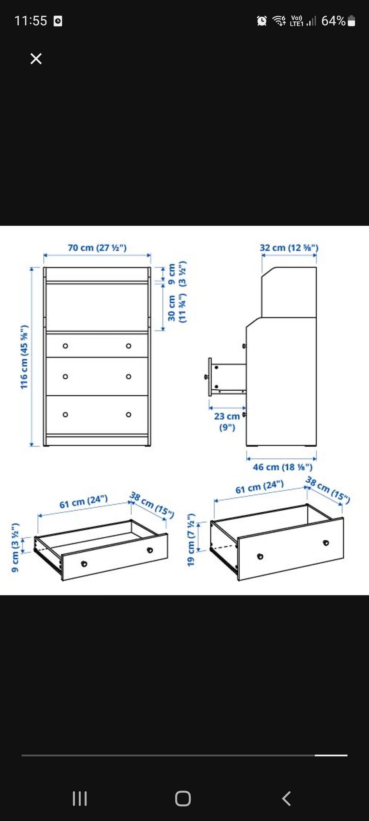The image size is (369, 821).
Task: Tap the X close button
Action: coord(36,59)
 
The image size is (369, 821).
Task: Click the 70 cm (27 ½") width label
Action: coord(97,247)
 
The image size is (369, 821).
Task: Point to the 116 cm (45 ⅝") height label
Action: coord(24,357)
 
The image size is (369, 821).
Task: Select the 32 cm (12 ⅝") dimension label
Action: coord(289,247)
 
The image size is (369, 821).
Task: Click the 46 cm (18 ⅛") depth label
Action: coord(283,467)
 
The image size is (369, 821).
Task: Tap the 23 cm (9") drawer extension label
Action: coord(227,421)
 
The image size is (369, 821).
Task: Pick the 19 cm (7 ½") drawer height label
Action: coord(191,540)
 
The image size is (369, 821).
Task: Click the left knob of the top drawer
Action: coord(65,346)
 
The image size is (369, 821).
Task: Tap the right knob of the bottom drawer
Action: coord(129,415)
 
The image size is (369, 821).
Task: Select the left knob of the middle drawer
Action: coord(65,376)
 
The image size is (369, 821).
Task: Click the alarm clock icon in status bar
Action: coord(262,21)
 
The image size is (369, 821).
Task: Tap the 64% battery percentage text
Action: coord(333,21)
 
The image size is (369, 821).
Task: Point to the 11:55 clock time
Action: coord(31,21)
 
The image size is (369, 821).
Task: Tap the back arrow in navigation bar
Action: coord(286,799)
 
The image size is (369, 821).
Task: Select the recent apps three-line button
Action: coord(80,799)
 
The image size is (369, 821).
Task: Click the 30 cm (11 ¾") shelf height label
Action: coord(177,308)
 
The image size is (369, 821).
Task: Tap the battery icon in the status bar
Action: coord(351,21)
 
